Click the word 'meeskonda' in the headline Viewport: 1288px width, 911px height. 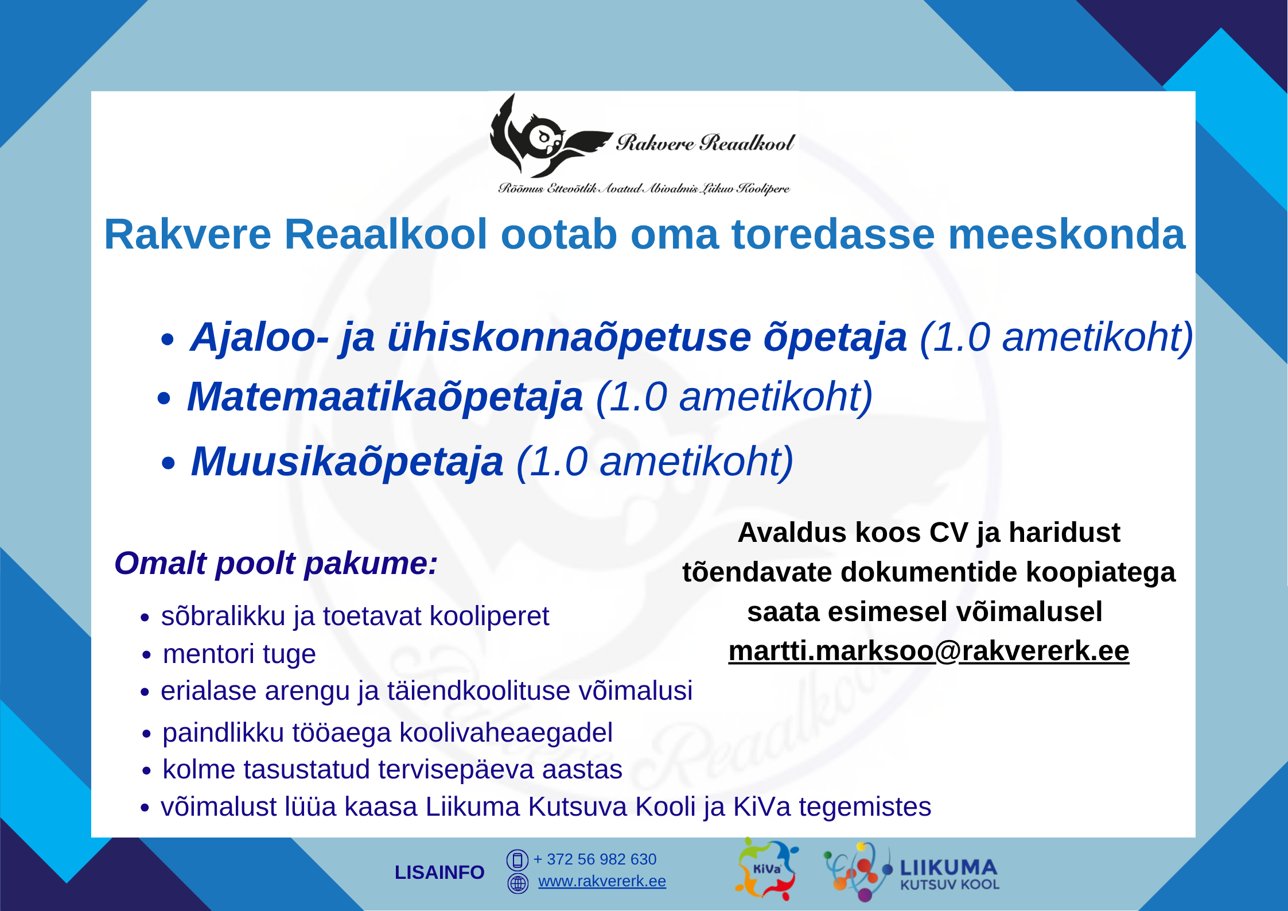pos(1067,235)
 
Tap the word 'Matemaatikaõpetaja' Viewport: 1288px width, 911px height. pos(385,398)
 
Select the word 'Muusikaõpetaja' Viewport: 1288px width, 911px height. pos(347,463)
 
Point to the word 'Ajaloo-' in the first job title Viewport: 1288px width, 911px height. pos(259,337)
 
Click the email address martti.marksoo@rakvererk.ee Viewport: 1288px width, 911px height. pos(929,652)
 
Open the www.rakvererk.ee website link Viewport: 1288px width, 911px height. pos(602,881)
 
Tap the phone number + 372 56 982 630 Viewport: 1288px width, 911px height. pos(595,859)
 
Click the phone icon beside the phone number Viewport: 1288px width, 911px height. pos(517,860)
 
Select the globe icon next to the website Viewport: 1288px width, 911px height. pos(517,883)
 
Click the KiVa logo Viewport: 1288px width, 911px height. pos(766,869)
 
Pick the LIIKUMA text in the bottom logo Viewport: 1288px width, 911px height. pos(948,867)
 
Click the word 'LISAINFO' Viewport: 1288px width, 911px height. pos(439,873)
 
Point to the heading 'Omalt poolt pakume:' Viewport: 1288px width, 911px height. pos(276,564)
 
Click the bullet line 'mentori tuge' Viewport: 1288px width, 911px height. pos(239,654)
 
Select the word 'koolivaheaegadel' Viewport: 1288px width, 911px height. pos(506,733)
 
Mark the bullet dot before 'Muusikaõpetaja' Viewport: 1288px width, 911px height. pos(168,463)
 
